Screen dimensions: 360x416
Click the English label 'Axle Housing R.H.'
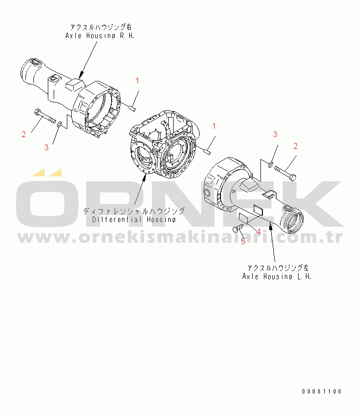100,36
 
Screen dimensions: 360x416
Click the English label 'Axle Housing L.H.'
277,277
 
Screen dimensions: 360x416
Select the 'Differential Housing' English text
134,219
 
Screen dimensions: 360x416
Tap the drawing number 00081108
321,391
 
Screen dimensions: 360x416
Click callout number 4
259,232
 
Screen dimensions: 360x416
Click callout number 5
243,241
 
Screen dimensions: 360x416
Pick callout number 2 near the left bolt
23,134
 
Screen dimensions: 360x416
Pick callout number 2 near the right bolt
295,146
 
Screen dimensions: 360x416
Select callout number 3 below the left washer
46,147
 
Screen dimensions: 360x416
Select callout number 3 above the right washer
275,134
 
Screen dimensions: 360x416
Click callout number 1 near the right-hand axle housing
137,80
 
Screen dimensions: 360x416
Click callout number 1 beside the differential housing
214,126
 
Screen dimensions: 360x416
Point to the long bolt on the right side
285,173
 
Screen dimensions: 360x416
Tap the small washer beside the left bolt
60,124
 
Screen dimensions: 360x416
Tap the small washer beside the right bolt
270,165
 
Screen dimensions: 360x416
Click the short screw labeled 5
238,228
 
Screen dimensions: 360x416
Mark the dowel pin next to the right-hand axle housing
132,108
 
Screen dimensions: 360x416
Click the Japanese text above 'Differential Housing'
134,211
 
